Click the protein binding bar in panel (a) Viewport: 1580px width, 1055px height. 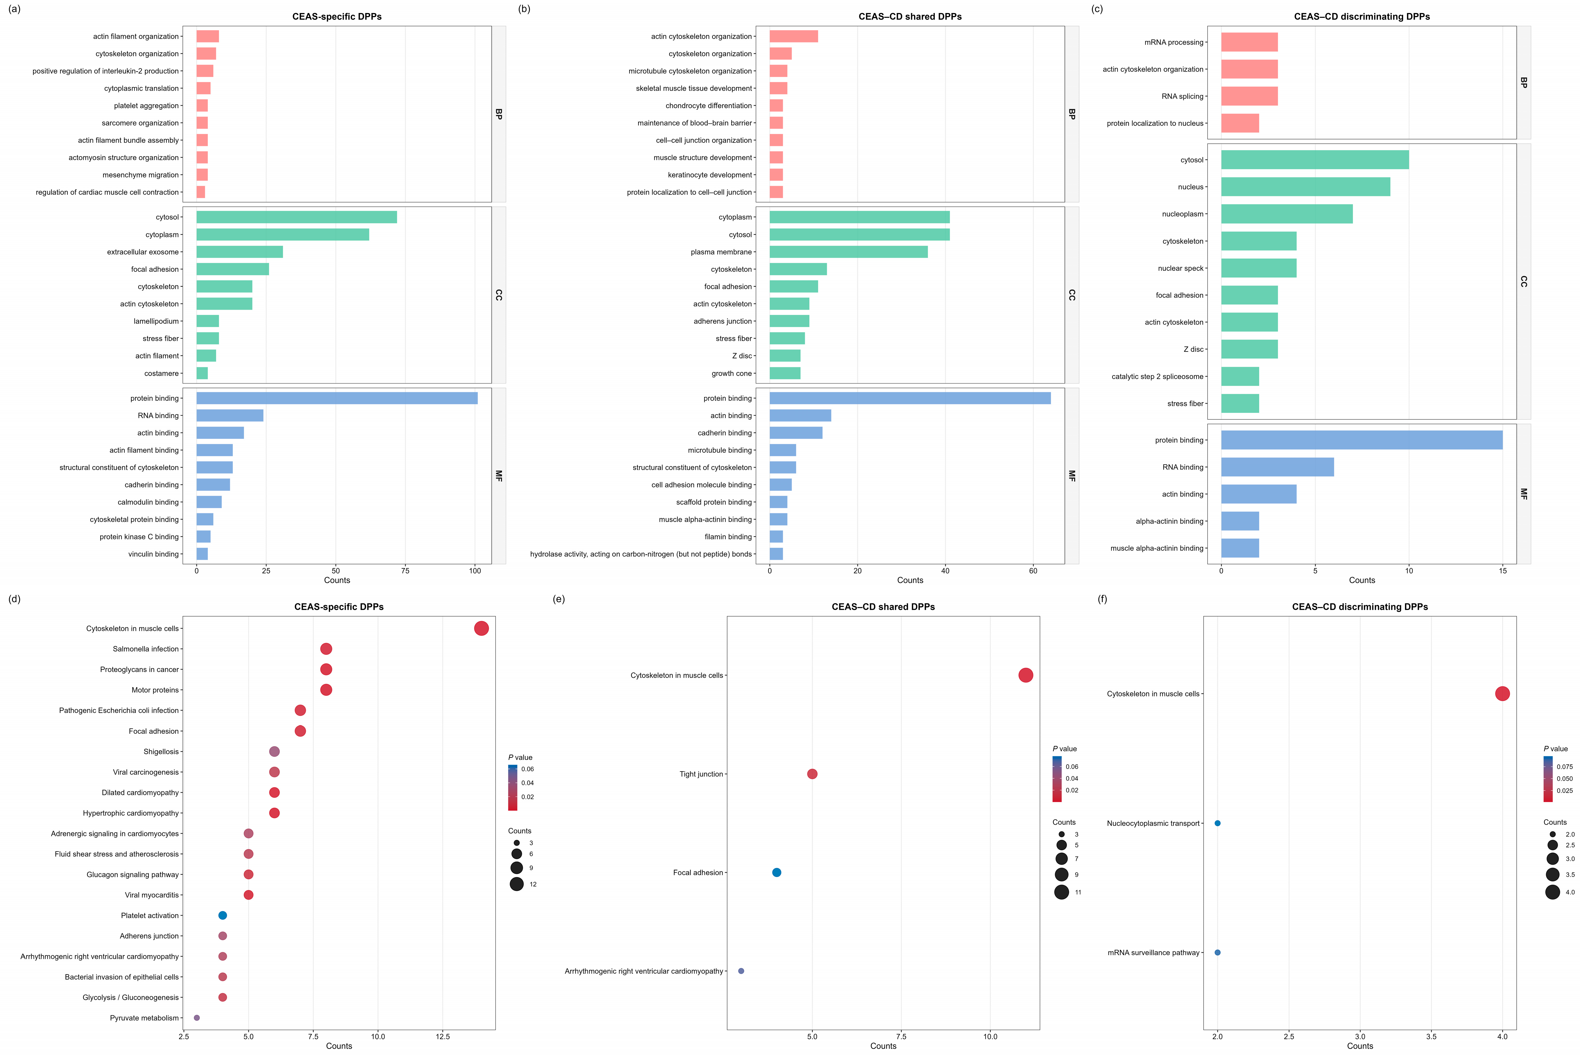point(337,398)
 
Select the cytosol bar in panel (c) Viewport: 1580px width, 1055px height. point(1315,160)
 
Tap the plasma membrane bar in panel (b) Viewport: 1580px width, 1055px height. point(849,252)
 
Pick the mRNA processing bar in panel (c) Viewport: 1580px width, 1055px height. point(1250,42)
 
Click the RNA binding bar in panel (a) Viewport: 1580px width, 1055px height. point(230,416)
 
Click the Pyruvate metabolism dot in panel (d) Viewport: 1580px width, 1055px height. point(196,1018)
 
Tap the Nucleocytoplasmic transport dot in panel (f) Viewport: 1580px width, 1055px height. point(1217,823)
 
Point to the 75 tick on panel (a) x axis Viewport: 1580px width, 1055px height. point(406,570)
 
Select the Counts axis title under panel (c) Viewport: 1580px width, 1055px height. point(1362,580)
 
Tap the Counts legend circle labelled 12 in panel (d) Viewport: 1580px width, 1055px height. point(516,884)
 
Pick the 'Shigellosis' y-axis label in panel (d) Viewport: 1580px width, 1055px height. point(161,752)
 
